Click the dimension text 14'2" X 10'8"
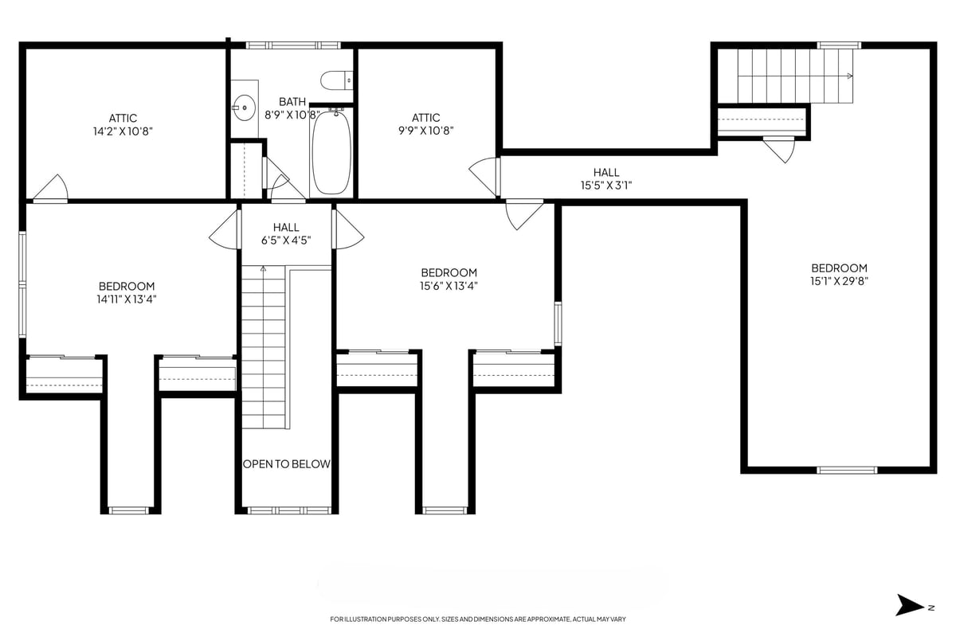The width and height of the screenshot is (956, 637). point(123,131)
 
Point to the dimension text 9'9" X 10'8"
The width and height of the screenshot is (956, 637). point(426,131)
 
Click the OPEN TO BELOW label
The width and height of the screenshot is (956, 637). point(286,464)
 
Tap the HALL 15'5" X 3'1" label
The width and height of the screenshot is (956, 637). point(605,179)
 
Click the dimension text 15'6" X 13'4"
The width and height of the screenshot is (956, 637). point(449,286)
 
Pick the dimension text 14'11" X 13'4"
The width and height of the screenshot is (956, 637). point(127,299)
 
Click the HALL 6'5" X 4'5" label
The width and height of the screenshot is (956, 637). point(286,233)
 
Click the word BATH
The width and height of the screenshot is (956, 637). point(292,102)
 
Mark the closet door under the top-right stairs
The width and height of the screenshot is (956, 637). point(778,149)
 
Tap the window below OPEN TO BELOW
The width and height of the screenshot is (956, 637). point(286,510)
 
